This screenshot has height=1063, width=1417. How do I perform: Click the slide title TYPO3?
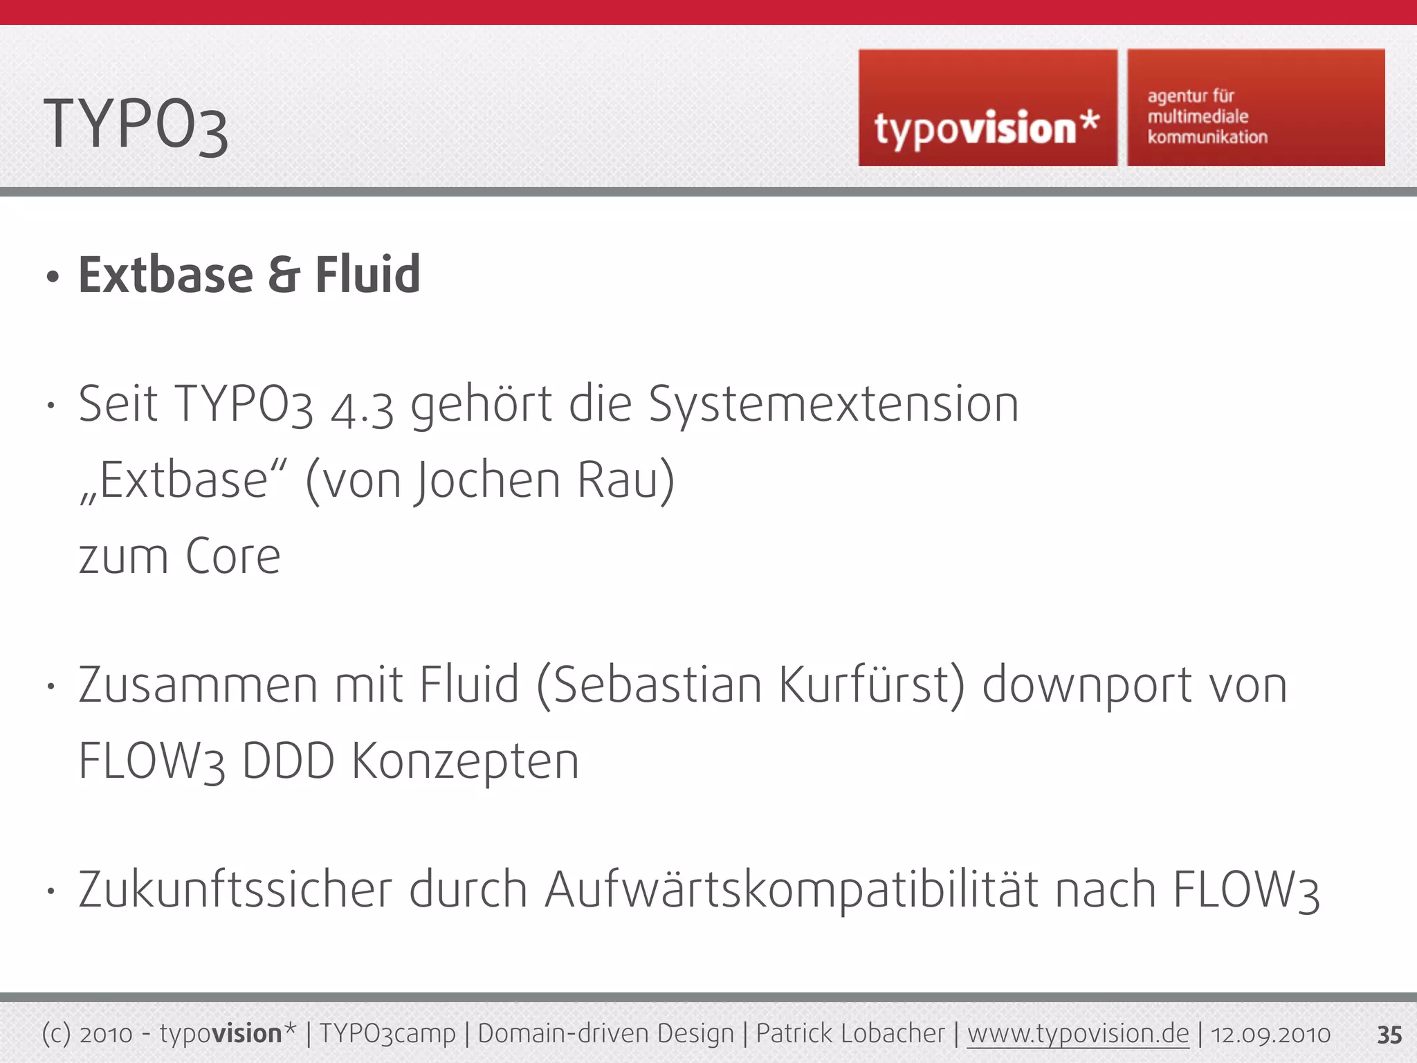click(136, 125)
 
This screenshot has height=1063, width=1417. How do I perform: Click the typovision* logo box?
click(987, 108)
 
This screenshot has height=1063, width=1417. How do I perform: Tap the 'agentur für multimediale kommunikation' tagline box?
click(1256, 108)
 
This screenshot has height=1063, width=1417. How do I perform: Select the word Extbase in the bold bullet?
click(166, 275)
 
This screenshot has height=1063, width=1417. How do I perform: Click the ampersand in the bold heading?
click(284, 275)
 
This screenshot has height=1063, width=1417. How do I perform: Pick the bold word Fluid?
click(367, 275)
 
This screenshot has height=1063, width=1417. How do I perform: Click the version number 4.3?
click(362, 407)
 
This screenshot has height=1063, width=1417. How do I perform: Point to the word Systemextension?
click(833, 405)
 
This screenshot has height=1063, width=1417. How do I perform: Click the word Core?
click(232, 556)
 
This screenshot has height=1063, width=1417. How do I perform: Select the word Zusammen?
click(198, 685)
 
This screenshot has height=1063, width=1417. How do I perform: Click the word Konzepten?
click(465, 762)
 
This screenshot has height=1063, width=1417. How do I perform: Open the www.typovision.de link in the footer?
click(1077, 1034)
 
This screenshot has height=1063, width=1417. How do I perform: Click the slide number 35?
click(1389, 1035)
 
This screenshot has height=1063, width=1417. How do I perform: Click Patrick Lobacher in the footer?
click(850, 1034)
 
